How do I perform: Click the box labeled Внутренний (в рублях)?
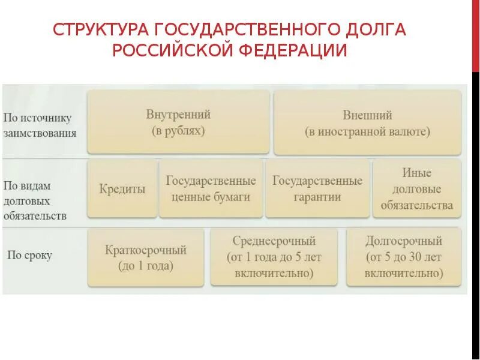tap(178, 122)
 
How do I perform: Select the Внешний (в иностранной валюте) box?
tap(367, 122)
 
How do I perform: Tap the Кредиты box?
tap(122, 188)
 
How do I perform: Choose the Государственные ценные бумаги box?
tap(211, 188)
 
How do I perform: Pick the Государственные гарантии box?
tap(317, 188)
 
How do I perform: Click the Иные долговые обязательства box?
tap(417, 188)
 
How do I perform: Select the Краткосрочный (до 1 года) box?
tap(146, 258)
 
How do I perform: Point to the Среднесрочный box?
tap(274, 257)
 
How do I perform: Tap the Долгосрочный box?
tap(404, 257)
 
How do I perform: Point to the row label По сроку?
tap(29, 256)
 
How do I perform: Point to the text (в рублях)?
tap(178, 131)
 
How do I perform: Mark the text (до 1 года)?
tap(146, 266)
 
